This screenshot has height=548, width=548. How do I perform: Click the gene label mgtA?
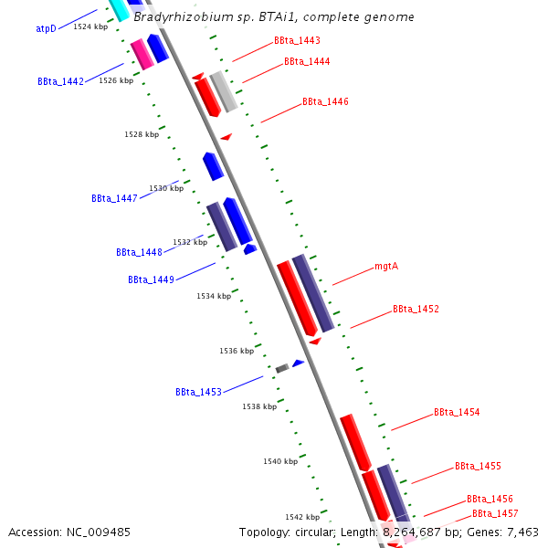387,268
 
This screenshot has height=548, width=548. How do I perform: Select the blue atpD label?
47,28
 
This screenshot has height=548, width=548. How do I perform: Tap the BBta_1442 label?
61,81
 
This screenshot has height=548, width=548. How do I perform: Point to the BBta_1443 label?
297,41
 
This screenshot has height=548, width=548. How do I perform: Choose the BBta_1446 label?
325,101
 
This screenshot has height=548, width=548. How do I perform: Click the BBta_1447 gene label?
114,198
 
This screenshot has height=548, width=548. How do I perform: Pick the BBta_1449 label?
151,279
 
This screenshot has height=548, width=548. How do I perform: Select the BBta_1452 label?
416,309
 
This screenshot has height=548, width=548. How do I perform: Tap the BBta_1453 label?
198,392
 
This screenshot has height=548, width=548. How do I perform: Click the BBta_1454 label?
457,413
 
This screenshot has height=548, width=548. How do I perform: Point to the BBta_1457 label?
495,514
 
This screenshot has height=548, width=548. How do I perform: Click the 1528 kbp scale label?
142,134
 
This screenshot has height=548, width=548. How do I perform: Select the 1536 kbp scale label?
236,351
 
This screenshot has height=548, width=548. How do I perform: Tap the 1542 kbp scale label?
301,517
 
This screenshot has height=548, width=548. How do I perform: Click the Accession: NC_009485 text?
69,532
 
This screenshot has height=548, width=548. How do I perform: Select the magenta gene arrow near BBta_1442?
142,55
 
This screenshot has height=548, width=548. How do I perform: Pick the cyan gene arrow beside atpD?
119,9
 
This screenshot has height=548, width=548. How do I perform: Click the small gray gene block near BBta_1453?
282,368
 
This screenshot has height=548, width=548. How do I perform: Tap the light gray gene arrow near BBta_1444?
224,91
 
